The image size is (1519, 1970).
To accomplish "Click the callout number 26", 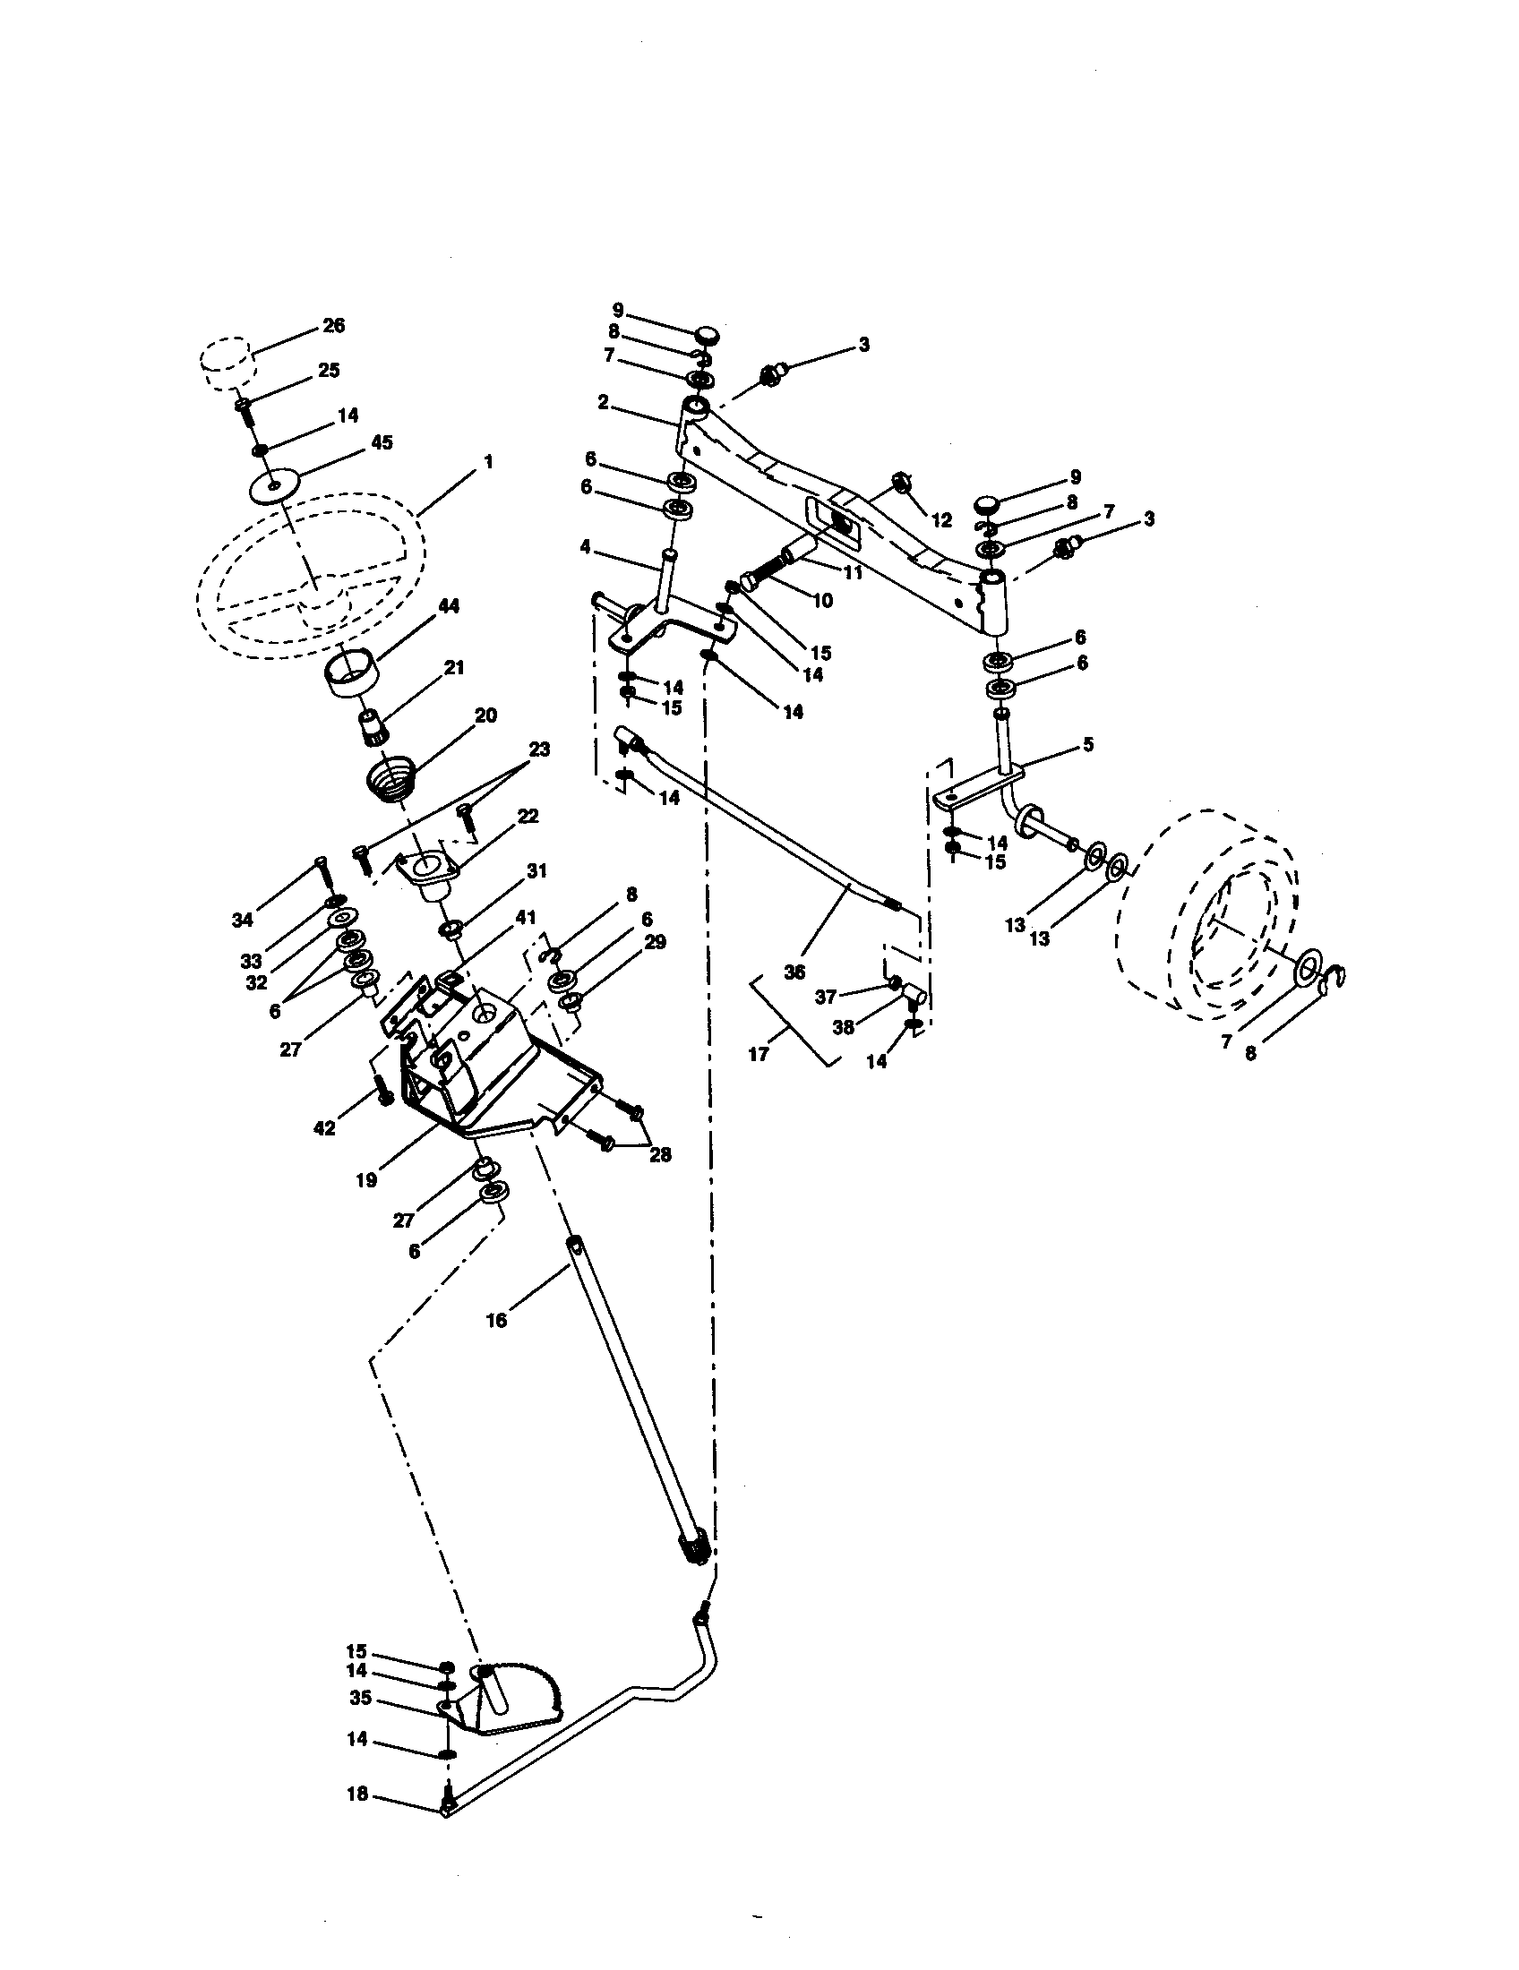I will pos(334,326).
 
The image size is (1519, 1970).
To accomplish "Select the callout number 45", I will pos(382,443).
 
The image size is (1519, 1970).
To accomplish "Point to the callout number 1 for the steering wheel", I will pos(488,462).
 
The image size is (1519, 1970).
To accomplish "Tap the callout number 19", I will pos(366,1180).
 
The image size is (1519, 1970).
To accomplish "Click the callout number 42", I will pos(324,1127).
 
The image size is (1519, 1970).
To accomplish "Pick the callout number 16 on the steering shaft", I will pos(496,1321).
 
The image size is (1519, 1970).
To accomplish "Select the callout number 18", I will pos(357,1794).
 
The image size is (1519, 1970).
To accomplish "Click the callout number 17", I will pos(759,1053).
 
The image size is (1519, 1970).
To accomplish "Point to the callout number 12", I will pos(941,521).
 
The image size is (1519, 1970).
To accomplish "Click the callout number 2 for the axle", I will pos(603,402).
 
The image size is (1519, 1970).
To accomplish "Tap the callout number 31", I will pos(536,870).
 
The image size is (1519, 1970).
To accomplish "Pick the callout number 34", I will pos(244,921).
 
